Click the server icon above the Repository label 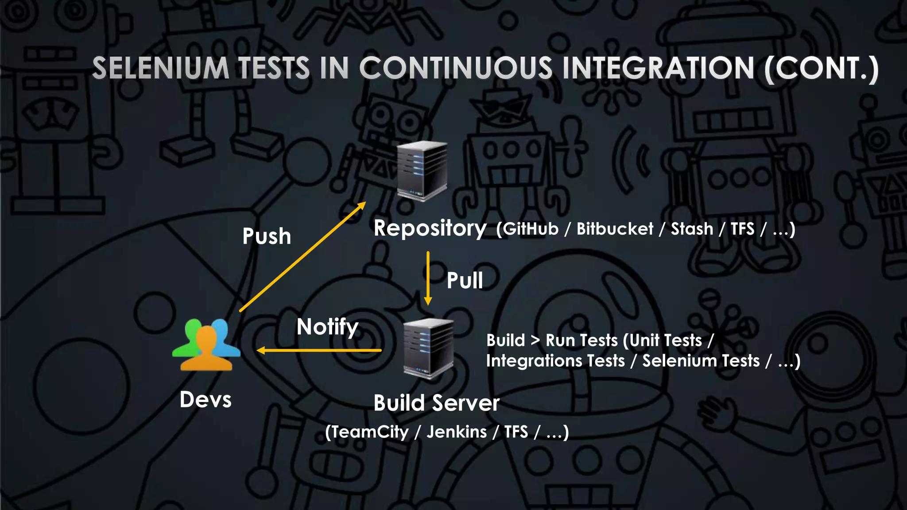(x=422, y=170)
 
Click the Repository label (x=430, y=228)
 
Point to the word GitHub (x=531, y=229)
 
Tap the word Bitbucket (x=615, y=229)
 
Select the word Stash (x=692, y=229)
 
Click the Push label (x=267, y=236)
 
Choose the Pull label (x=465, y=281)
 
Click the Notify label (x=327, y=327)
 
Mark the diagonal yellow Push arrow (x=302, y=257)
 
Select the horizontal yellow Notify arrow (x=319, y=351)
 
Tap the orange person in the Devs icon (x=206, y=350)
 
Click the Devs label (x=205, y=400)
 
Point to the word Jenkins (x=457, y=432)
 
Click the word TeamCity (x=370, y=432)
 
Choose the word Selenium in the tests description (x=701, y=361)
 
